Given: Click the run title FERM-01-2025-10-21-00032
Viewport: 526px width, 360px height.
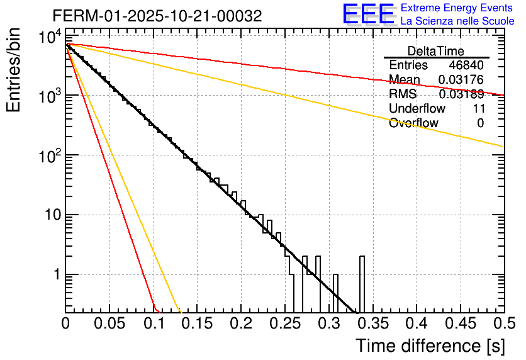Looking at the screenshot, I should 157,15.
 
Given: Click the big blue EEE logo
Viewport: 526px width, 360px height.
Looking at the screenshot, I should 368,14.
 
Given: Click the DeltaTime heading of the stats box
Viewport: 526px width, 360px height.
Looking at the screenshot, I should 435,51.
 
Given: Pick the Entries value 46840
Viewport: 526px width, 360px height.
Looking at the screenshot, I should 466,65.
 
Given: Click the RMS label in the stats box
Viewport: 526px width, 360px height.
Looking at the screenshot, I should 403,94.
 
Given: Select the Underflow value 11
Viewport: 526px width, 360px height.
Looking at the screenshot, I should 478,109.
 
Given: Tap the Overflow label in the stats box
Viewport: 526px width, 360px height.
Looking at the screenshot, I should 413,123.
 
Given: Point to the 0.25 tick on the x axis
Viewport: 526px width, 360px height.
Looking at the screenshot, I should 284,323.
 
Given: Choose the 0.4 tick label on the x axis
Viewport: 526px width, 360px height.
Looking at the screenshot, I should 416,323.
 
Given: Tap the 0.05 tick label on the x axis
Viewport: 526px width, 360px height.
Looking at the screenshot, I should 109,323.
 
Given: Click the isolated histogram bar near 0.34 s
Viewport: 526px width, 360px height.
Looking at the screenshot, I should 362,283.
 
